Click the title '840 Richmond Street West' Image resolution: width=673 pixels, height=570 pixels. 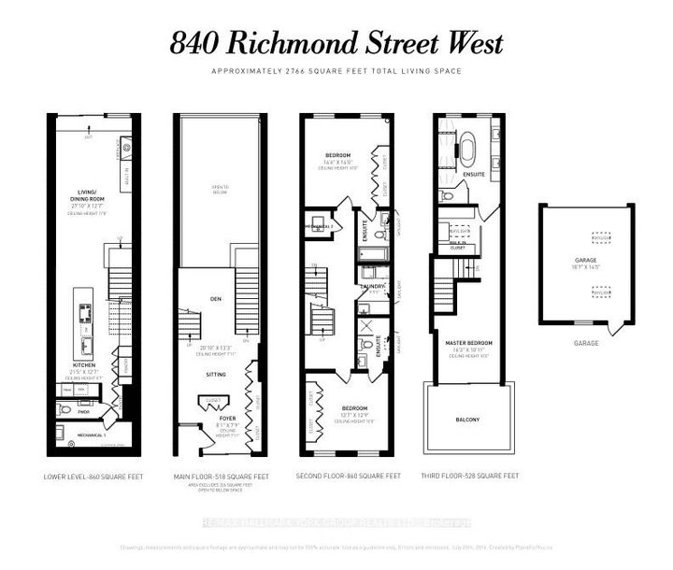point(336,43)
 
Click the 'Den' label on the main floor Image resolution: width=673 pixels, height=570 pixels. point(215,299)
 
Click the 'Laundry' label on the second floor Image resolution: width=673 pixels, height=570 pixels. point(374,288)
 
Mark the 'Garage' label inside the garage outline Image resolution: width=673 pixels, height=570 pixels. point(586,262)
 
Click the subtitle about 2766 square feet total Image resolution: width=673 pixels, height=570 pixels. point(336,72)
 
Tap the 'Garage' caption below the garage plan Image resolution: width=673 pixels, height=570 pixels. point(586,344)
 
